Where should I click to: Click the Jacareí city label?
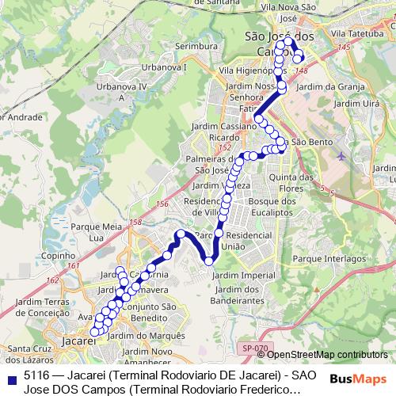(x=77, y=341)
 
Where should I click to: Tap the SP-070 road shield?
(x=256, y=348)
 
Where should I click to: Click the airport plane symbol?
(x=341, y=154)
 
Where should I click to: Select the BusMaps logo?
(x=357, y=379)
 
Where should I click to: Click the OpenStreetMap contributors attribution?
(x=327, y=354)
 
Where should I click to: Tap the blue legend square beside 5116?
(x=12, y=378)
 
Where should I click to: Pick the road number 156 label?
(x=162, y=204)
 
